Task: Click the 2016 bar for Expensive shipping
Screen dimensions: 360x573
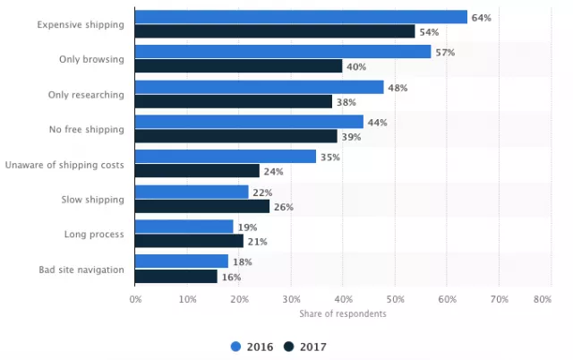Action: coord(301,17)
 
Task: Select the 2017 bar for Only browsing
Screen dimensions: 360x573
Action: coord(238,66)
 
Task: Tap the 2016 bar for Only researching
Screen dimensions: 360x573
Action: coord(260,87)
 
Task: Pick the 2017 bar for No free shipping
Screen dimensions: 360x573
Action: coord(236,136)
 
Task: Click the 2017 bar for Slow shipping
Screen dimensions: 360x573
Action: coord(202,206)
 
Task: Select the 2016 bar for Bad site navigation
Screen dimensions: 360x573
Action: coord(182,261)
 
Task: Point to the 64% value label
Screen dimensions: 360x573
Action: coord(480,17)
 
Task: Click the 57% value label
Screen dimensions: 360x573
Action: coord(444,52)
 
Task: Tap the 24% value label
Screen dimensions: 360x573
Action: coord(272,171)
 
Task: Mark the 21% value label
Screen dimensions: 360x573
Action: coord(256,241)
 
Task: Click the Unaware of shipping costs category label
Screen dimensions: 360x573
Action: coord(64,164)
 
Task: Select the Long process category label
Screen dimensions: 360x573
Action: coord(94,234)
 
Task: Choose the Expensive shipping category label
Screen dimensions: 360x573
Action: coord(81,24)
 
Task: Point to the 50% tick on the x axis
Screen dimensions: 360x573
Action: coord(395,300)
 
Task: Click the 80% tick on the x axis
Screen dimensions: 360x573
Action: coord(542,300)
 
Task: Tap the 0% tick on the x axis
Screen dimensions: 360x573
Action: coord(134,300)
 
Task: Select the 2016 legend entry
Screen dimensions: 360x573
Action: coord(253,346)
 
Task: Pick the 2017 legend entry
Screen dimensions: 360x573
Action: coord(305,346)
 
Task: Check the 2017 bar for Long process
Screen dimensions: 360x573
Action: coord(189,241)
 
